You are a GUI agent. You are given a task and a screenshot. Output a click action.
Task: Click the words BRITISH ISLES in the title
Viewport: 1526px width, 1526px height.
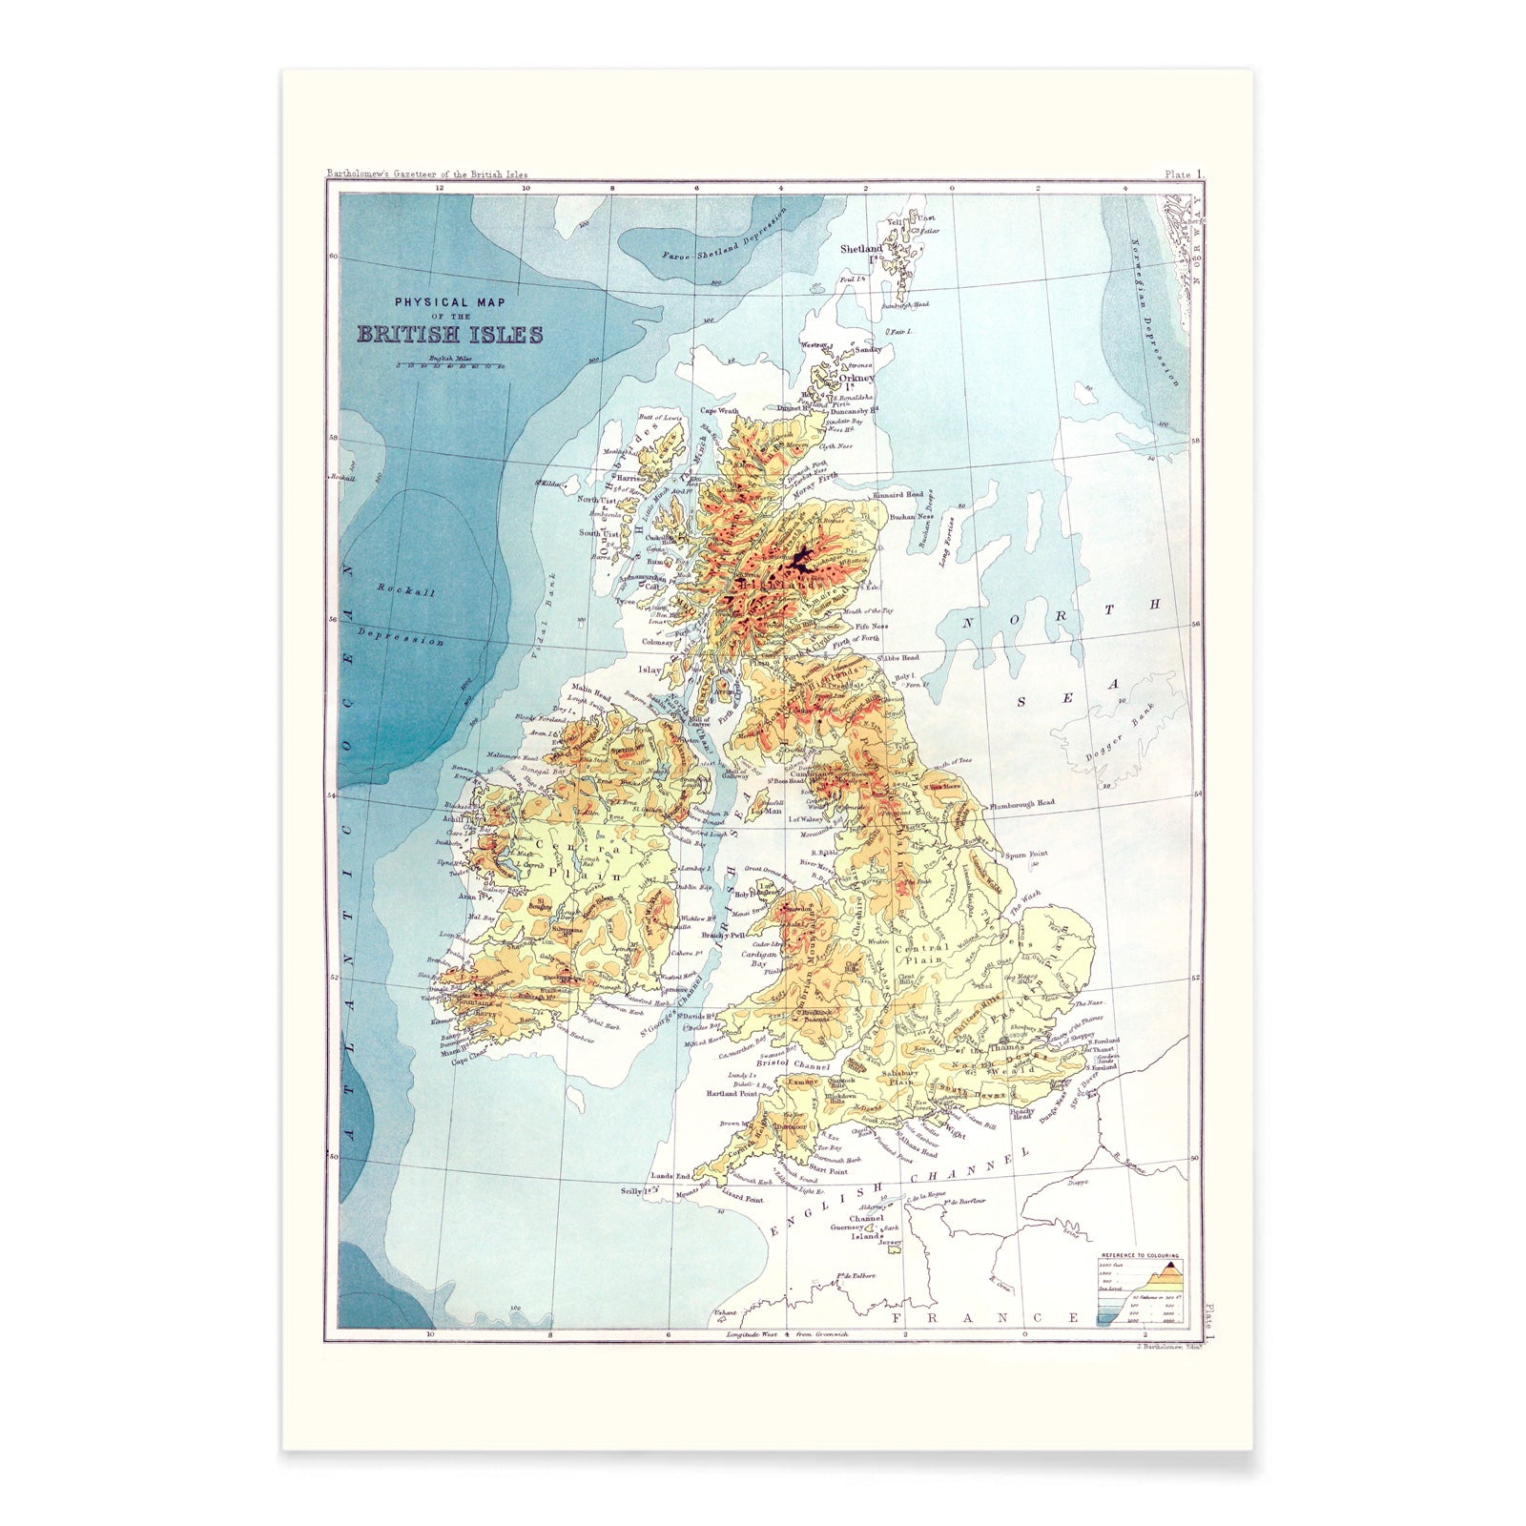coord(450,335)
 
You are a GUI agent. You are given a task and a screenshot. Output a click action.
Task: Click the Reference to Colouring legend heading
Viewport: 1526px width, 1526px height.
coord(1140,1257)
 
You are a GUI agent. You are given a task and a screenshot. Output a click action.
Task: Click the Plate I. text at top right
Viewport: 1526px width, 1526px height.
coord(1184,175)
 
